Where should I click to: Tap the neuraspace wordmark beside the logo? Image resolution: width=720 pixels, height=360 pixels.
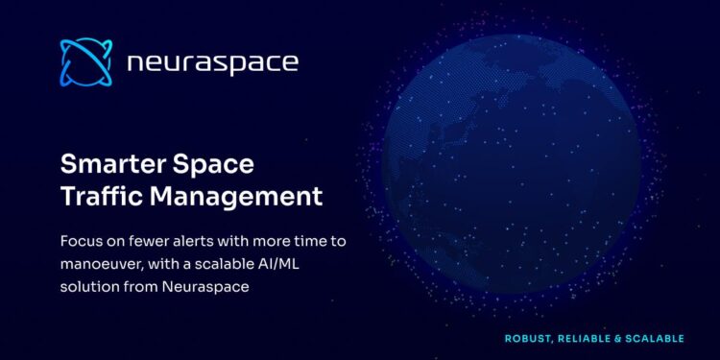(x=212, y=63)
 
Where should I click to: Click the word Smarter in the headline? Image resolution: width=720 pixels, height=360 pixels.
(x=108, y=163)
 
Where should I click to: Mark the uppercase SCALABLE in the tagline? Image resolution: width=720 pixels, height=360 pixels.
(x=660, y=338)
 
